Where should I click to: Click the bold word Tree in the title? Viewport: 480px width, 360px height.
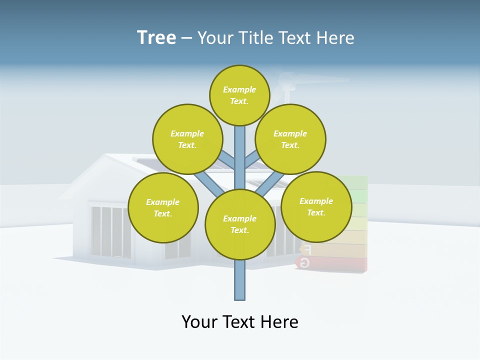click(x=156, y=37)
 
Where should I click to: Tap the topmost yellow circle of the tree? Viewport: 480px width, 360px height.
click(x=239, y=95)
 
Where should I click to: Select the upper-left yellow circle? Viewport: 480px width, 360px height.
click(x=187, y=139)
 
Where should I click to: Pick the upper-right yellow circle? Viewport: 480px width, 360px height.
click(x=290, y=139)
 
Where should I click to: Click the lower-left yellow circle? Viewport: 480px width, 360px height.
click(x=163, y=207)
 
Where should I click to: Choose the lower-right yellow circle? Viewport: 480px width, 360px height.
click(x=316, y=206)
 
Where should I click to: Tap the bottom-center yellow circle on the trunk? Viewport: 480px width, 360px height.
click(x=240, y=224)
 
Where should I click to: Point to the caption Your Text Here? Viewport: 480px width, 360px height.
click(x=240, y=322)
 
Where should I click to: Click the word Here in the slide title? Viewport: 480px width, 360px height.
click(x=335, y=38)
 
